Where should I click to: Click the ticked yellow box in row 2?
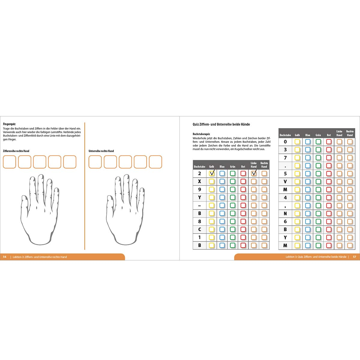click(x=212, y=173)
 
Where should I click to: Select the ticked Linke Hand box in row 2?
click(x=254, y=173)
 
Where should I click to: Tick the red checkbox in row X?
click(x=243, y=181)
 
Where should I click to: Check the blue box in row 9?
click(x=222, y=189)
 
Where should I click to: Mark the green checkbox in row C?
click(x=232, y=229)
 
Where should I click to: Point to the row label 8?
click(x=199, y=221)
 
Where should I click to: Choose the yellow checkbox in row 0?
click(x=297, y=142)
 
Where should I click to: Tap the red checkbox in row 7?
click(x=329, y=158)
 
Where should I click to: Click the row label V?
click(x=285, y=181)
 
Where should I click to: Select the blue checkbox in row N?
click(x=308, y=214)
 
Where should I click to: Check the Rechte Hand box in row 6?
click(x=350, y=222)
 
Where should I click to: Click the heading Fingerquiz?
click(x=9, y=124)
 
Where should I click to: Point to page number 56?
click(x=5, y=257)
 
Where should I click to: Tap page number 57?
click(x=354, y=257)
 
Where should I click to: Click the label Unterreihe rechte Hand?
click(x=101, y=151)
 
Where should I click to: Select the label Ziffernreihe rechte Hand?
click(x=16, y=151)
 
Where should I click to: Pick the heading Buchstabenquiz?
click(x=201, y=134)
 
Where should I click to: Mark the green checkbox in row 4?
click(x=318, y=197)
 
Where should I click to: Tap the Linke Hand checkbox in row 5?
click(x=339, y=174)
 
